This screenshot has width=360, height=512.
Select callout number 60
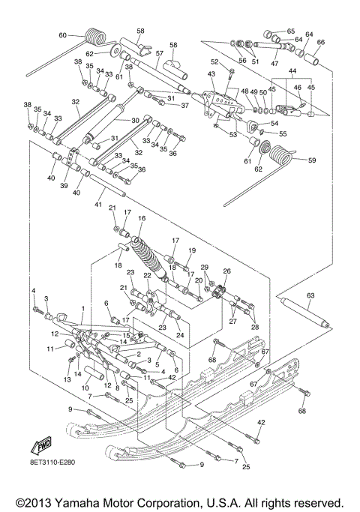[x=63, y=35]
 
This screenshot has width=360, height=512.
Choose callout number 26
[x=226, y=271]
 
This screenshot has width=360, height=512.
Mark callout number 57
[x=158, y=53]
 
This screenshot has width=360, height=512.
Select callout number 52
[x=214, y=61]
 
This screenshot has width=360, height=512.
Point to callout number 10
[x=85, y=387]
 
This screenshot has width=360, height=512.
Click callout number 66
[x=321, y=42]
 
